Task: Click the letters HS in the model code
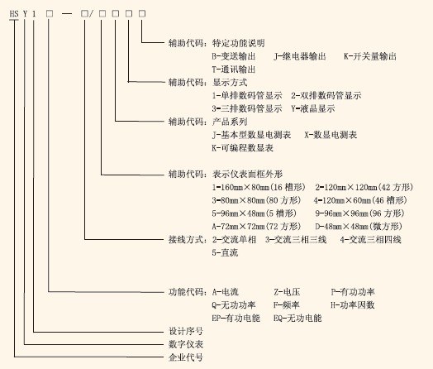(14, 13)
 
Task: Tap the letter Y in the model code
(25, 13)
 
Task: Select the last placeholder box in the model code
(142, 13)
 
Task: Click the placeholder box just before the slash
(84, 13)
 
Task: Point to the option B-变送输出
(234, 56)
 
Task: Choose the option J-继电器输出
(300, 56)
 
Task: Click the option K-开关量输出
(370, 56)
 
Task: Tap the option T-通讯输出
(234, 69)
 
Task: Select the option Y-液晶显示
(313, 108)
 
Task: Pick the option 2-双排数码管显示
(326, 96)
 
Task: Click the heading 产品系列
(230, 122)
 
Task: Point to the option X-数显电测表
(331, 135)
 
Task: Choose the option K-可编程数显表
(242, 148)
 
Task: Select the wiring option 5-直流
(225, 252)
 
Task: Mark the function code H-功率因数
(353, 304)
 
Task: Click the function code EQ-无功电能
(297, 319)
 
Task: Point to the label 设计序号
(186, 331)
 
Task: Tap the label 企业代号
(186, 357)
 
